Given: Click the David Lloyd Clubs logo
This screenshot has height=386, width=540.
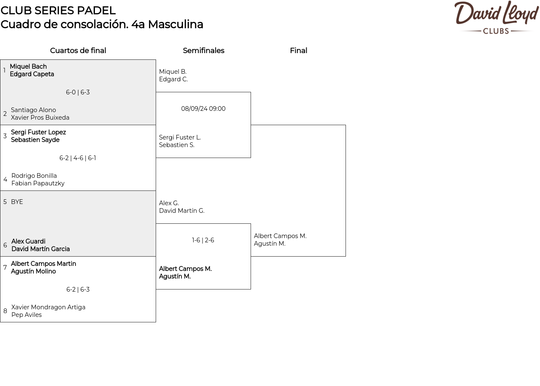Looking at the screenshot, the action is coord(496,17).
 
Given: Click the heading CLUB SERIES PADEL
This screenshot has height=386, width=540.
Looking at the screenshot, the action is coord(58,11).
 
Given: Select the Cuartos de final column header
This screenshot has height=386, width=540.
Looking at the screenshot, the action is coord(78,51).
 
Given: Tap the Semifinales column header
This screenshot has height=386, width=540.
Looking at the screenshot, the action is coord(203,51).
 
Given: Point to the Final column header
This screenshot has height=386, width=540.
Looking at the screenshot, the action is coord(298,51).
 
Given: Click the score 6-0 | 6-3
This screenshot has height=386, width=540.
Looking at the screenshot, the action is coord(78,92).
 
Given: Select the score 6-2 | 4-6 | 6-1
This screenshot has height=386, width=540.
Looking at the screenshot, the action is coord(78,158).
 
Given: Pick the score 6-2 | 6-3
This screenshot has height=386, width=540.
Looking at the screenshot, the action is coord(78,289).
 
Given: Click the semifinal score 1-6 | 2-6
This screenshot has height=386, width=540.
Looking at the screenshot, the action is coord(203,240).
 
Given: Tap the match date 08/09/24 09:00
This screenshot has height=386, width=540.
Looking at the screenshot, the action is coord(203,109).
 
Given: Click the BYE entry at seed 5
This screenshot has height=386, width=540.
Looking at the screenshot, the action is coord(17,202).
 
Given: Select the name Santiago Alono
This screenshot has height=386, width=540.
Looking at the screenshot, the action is coord(33,110).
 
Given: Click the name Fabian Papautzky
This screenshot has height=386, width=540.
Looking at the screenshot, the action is coord(38,183).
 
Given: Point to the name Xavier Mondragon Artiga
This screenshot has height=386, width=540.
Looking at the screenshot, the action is coord(48,307).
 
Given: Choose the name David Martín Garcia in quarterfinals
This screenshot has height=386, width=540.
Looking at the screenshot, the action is coord(40,249).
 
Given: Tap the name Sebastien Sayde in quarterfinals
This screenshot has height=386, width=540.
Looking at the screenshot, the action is coord(35,140).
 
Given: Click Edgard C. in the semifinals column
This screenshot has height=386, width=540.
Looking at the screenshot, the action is coord(173,80).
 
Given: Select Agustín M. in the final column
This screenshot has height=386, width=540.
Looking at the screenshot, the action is coord(270,244).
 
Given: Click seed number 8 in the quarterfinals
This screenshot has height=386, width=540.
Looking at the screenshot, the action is coord(5,311).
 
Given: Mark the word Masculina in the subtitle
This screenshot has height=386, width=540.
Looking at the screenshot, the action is coord(175,24).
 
